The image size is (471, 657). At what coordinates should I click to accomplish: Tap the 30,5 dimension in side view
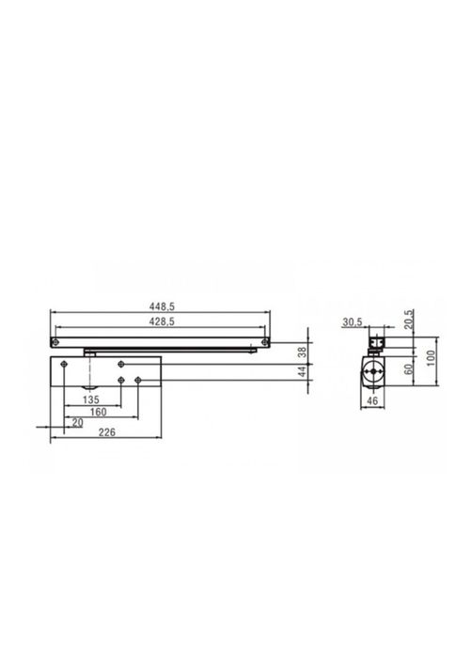tap(352, 322)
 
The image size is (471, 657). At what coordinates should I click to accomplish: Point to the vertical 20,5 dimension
tap(409, 321)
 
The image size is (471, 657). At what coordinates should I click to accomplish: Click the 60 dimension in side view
tap(409, 369)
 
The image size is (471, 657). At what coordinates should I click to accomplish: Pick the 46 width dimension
tap(373, 400)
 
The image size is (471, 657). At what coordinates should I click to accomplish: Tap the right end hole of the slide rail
tap(266, 339)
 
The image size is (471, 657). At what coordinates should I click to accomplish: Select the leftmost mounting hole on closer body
tap(62, 363)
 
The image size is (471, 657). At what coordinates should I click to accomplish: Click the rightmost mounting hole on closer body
tap(138, 379)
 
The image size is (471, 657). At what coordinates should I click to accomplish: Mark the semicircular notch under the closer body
tap(87, 388)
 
